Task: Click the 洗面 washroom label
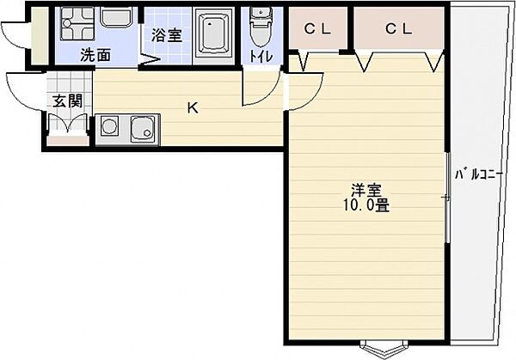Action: (95, 56)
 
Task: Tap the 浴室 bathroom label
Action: (165, 37)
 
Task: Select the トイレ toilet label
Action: (258, 56)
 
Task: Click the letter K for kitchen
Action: (193, 108)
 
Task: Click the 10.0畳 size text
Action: (365, 206)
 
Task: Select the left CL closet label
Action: (317, 27)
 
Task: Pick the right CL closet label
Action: (398, 27)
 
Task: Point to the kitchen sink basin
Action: (141, 131)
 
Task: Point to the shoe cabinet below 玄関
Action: (67, 125)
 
